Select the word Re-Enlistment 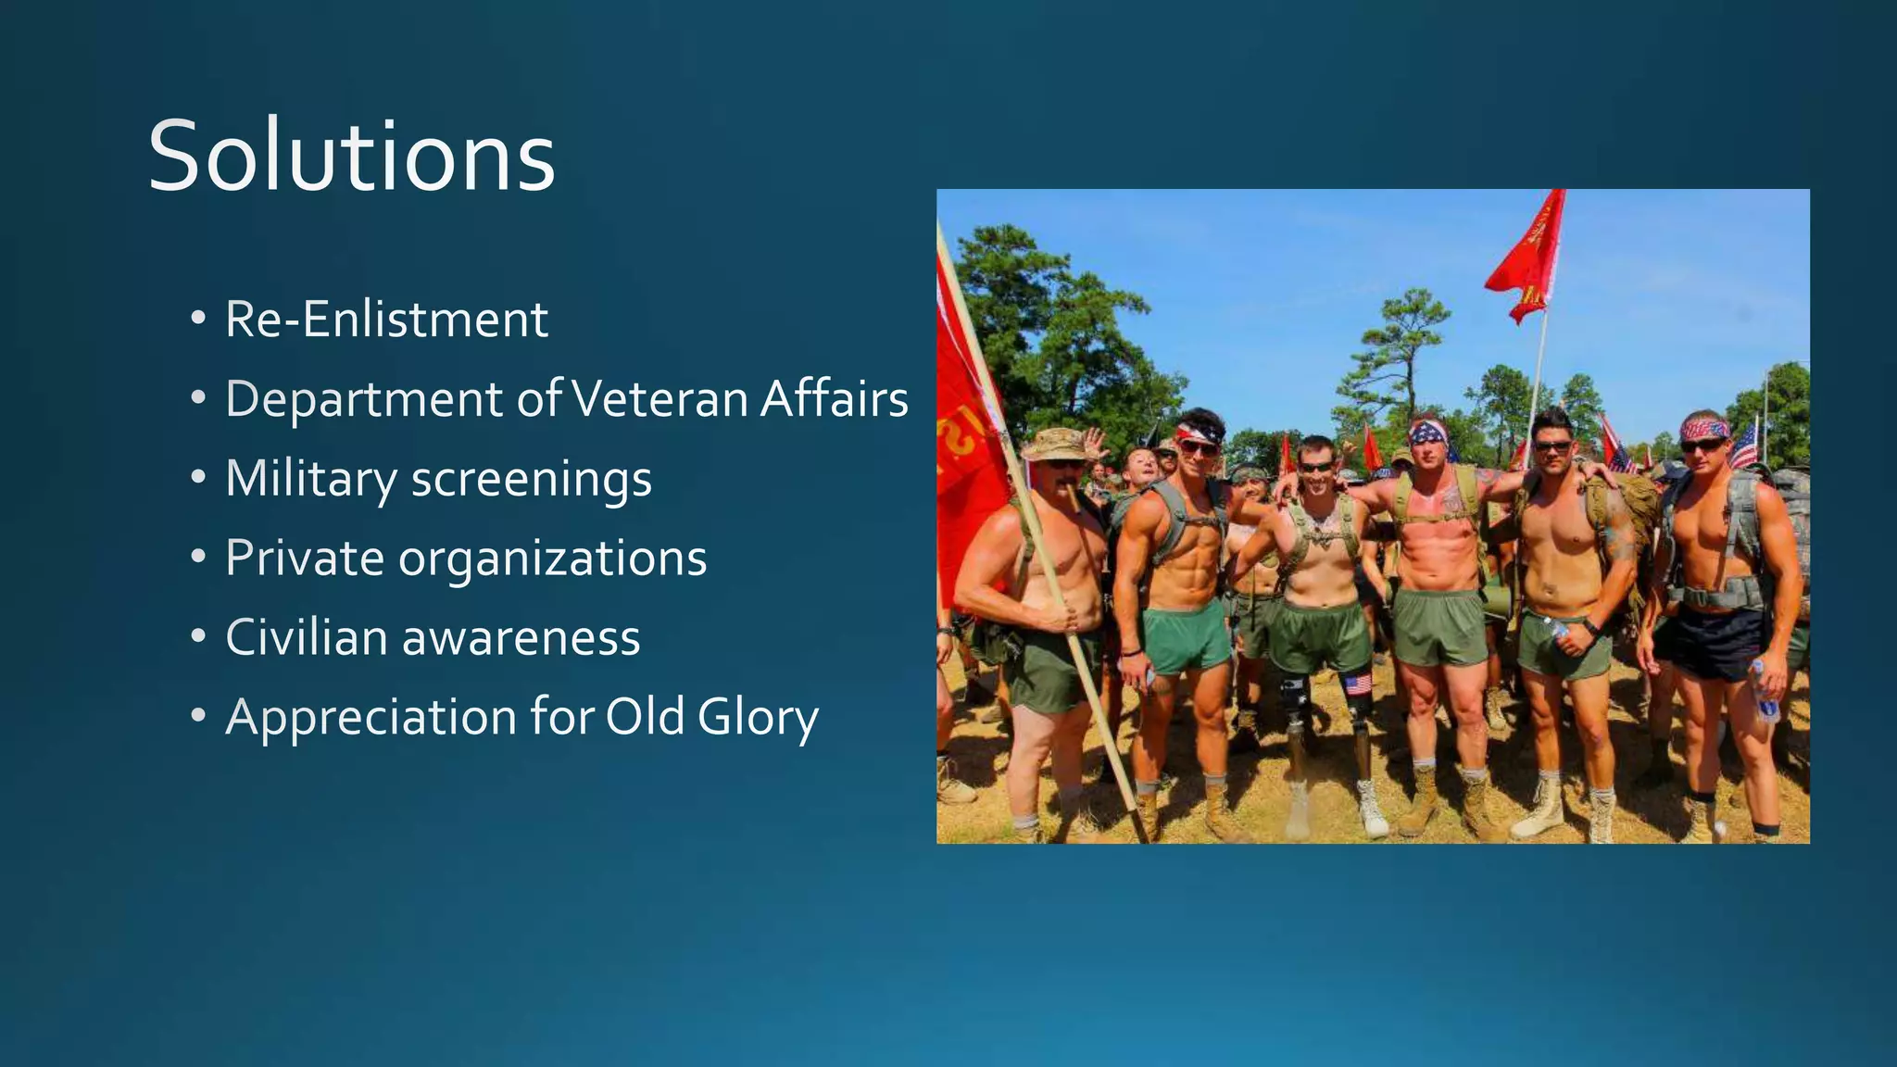tap(386, 320)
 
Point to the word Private tap(305, 559)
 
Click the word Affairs tap(834, 399)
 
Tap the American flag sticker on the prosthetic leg tap(1357, 684)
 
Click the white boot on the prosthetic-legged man tap(1370, 809)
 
